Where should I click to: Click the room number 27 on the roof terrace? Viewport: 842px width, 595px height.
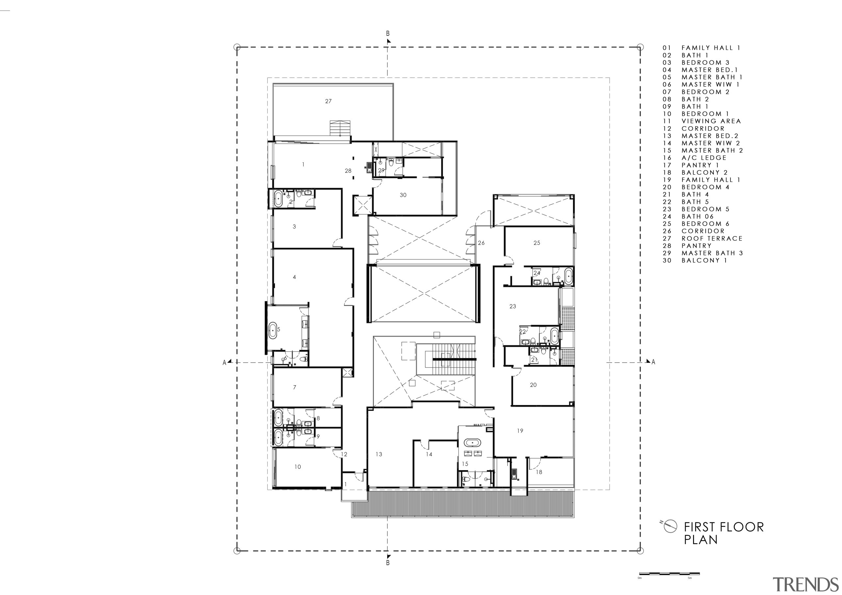point(328,101)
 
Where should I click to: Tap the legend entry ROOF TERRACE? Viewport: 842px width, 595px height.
point(712,238)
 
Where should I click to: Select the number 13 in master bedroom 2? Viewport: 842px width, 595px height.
point(379,454)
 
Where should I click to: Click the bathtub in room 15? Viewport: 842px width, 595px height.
point(473,442)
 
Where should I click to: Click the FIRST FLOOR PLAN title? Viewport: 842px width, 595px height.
point(724,533)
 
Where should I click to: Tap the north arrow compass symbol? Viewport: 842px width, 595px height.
point(670,526)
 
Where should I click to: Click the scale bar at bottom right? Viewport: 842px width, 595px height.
point(669,583)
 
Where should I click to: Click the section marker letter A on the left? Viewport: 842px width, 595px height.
point(224,363)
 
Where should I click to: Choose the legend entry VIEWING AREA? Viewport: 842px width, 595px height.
point(711,121)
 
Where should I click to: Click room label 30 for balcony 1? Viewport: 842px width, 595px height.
point(403,195)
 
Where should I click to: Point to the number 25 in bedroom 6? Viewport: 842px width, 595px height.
point(537,243)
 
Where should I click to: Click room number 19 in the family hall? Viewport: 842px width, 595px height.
point(520,431)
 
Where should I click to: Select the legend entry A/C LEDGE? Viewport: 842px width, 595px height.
point(704,158)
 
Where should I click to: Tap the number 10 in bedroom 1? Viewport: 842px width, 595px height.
point(297,467)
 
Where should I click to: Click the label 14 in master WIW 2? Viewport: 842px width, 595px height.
point(429,454)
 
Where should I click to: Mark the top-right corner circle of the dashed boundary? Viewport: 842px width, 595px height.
point(640,47)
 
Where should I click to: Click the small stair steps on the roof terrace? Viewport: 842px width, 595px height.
point(340,128)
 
